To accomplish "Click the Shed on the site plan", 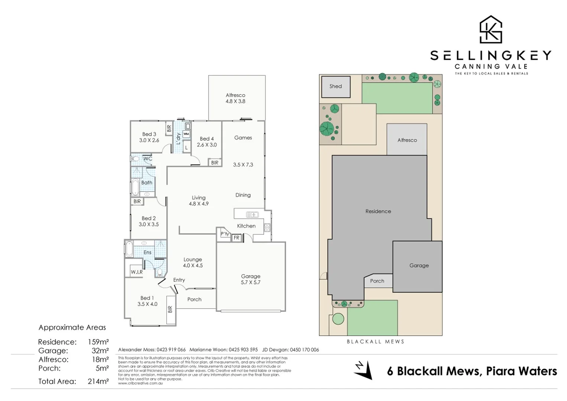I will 336,87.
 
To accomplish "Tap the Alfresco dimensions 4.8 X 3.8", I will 235,101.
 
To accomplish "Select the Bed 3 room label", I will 149,134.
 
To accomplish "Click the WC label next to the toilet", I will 148,159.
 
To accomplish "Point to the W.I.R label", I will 136,272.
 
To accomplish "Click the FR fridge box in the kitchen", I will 236,238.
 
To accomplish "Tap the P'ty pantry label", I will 224,234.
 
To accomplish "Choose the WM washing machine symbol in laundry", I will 186,134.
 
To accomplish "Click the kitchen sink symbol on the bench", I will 252,215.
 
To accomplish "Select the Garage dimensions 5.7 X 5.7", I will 250,283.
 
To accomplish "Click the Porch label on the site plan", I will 377,281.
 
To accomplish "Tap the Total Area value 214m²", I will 98,381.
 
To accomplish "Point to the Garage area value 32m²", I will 100,351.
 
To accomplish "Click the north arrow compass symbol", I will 363,370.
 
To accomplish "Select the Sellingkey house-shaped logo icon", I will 490,30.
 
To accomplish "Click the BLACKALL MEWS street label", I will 375,342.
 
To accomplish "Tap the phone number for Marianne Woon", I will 243,350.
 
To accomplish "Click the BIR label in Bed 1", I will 170,309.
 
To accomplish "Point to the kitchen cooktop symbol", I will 267,228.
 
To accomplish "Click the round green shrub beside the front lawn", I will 338,319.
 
